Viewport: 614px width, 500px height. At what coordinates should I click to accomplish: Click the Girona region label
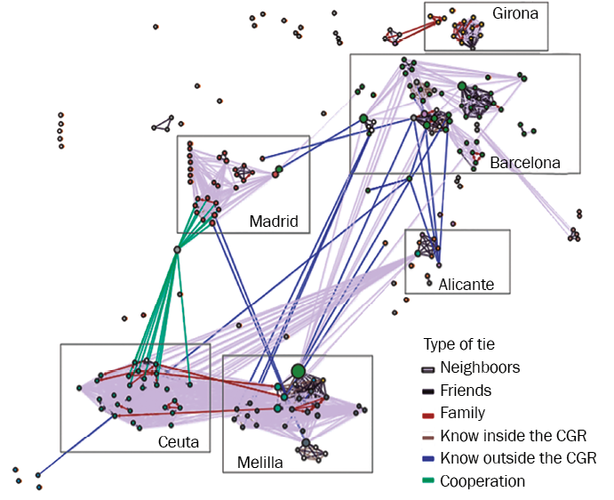[x=515, y=14]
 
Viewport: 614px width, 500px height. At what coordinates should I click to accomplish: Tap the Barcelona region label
[x=525, y=163]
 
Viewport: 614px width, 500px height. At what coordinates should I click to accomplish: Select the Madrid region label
[x=273, y=221]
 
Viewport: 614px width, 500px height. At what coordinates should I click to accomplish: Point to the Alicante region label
[x=466, y=285]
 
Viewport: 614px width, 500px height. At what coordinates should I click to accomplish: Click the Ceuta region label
[x=178, y=442]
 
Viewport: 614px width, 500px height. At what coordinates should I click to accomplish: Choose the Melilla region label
[x=260, y=463]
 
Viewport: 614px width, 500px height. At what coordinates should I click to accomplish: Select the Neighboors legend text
[x=480, y=367]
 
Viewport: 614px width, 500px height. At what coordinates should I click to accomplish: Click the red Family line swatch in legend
[x=427, y=414]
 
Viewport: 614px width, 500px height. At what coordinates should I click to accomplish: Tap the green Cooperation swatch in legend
[x=427, y=482]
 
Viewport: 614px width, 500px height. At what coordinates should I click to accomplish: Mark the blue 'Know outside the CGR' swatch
[x=427, y=459]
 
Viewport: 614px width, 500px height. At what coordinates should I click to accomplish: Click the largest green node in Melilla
[x=298, y=370]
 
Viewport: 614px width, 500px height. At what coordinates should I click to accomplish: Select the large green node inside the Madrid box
[x=278, y=169]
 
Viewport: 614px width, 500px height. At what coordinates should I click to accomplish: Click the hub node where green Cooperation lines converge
[x=177, y=250]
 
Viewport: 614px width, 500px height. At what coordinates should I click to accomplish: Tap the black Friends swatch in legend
[x=427, y=391]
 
